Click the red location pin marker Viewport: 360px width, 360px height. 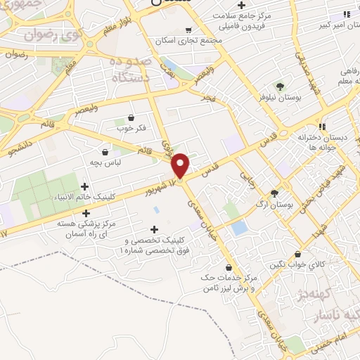181,165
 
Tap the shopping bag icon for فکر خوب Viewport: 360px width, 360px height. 131,117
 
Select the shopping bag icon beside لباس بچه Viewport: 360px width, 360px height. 105,151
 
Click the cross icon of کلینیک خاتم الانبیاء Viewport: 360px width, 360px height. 86,186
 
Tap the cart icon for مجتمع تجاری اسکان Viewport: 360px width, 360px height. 188,30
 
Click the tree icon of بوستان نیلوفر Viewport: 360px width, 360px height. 281,86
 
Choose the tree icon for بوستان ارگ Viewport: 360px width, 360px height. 274,193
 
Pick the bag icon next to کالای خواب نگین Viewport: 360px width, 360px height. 300,255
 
